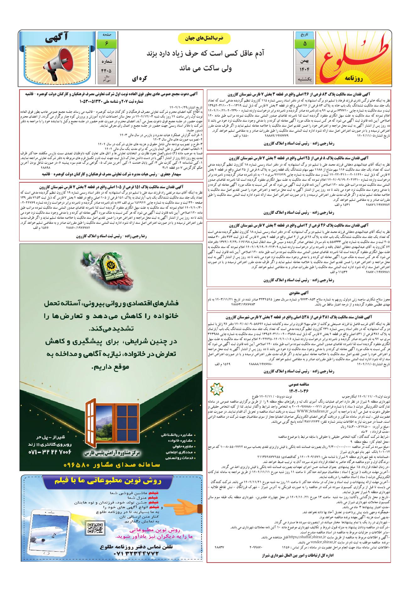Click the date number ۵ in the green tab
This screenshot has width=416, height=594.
pyautogui.click(x=304, y=44)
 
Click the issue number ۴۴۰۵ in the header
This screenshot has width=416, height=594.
pyautogui.click(x=106, y=71)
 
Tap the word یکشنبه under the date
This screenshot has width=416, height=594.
pyautogui.click(x=304, y=80)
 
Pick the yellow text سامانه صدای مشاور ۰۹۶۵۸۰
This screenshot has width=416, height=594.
pyautogui.click(x=112, y=465)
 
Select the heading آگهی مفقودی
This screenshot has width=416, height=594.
pyautogui.click(x=298, y=293)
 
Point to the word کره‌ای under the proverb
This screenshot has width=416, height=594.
pyautogui.click(x=140, y=78)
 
